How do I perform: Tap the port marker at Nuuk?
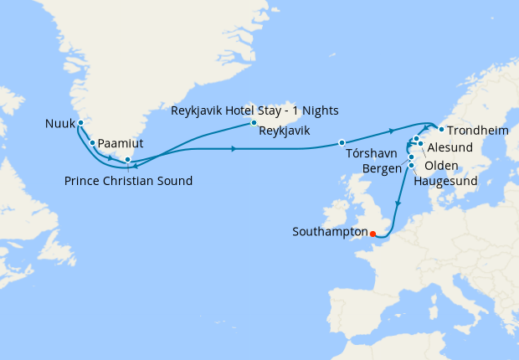80,124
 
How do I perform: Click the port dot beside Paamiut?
92,142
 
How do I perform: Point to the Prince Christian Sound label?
128,181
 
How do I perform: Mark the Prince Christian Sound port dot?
127,159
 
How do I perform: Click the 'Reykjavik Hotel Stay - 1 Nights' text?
254,111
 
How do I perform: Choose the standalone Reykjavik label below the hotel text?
285,131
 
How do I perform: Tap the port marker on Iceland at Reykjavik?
253,124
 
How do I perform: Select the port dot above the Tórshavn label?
342,141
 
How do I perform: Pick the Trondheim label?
475,131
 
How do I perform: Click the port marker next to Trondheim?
440,130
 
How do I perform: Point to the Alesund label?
450,147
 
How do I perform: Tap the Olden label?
442,166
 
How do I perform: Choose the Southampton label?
331,231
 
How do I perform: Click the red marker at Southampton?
373,234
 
